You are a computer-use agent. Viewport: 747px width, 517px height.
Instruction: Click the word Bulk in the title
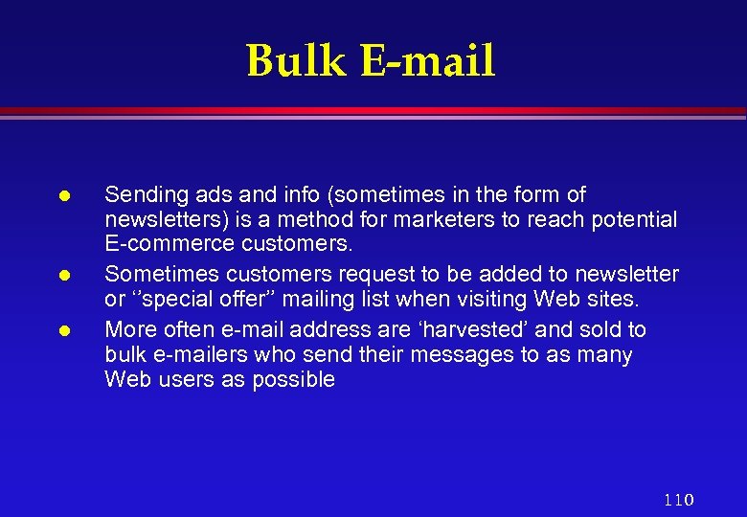(x=296, y=61)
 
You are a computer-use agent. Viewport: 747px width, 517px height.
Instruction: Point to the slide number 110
(x=678, y=500)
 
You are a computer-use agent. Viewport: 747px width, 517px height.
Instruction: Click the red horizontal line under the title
(x=373, y=111)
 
